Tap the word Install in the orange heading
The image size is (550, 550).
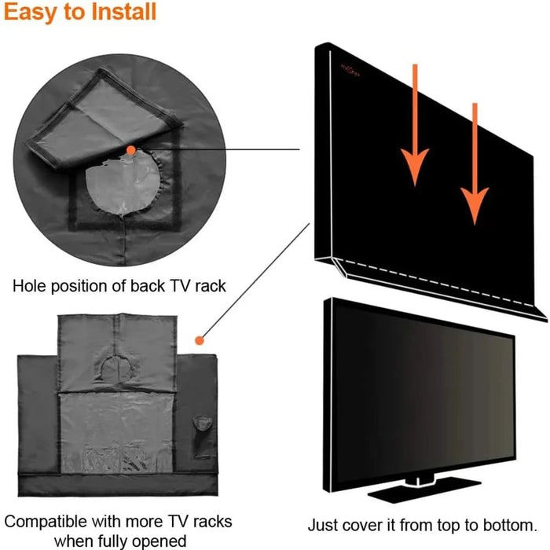coord(121,13)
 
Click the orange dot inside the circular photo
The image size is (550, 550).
coord(130,148)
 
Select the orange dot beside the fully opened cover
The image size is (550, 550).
coord(200,341)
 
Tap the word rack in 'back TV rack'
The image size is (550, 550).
coord(208,286)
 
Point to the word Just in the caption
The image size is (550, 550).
coord(323,503)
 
